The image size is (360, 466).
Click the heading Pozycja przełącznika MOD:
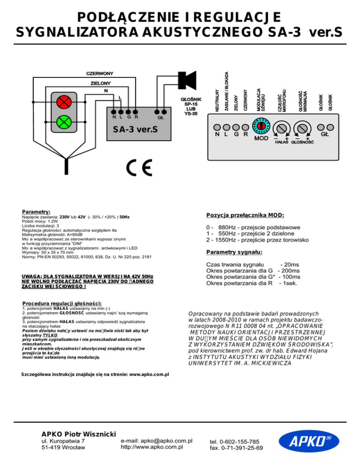pyautogui.click(x=245, y=215)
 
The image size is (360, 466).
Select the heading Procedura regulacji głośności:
pyautogui.click(x=62, y=304)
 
